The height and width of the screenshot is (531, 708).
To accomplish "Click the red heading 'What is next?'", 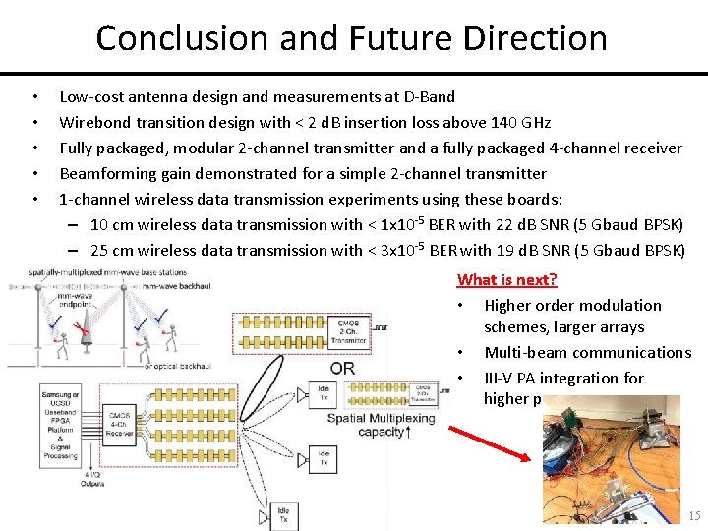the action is pos(507,280).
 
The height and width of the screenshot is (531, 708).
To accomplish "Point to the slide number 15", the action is pos(694,516).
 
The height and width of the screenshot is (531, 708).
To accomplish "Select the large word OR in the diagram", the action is pos(342,369).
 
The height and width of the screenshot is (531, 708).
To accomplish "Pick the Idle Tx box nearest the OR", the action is pos(323,393).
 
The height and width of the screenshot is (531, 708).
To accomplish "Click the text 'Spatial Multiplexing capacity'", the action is pos(379,425).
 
